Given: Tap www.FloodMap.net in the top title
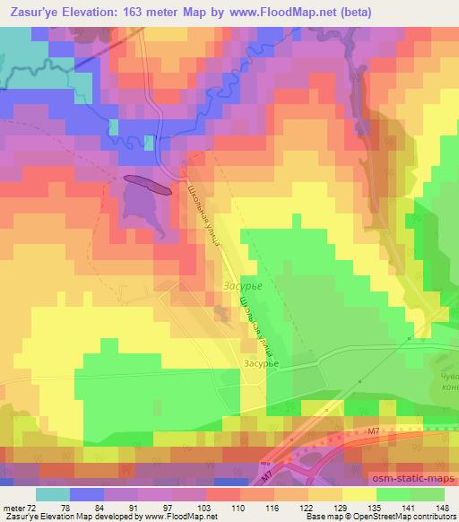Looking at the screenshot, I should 283,13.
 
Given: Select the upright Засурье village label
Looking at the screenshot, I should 263,363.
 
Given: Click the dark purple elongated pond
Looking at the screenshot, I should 149,184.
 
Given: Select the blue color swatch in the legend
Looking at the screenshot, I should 85,493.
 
